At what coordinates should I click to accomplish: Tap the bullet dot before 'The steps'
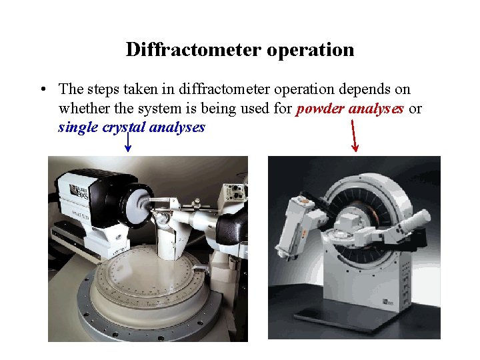click(x=42, y=89)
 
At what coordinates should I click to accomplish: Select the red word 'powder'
click(x=318, y=109)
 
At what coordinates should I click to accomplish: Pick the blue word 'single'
click(x=77, y=127)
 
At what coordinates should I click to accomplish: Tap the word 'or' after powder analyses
click(x=415, y=109)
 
